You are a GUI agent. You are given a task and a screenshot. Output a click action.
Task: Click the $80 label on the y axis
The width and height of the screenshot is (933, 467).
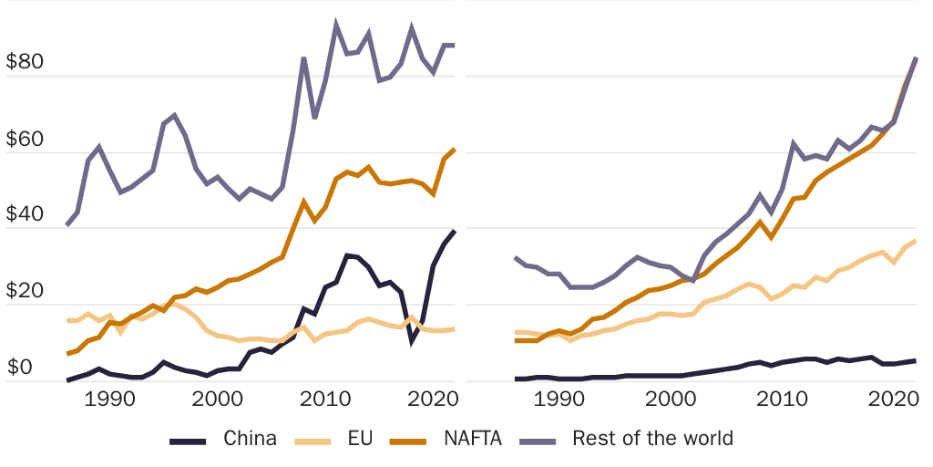coord(26,63)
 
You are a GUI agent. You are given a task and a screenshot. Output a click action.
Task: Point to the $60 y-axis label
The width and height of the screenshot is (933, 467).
coord(26,140)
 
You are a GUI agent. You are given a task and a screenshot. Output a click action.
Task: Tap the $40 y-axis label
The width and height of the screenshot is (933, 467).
coord(26,216)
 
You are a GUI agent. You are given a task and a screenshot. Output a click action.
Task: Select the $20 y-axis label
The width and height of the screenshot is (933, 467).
coord(26,293)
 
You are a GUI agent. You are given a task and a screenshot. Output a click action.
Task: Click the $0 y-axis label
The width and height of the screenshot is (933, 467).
coord(20,368)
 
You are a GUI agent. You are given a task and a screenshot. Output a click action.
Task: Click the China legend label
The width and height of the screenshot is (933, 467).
coord(250,439)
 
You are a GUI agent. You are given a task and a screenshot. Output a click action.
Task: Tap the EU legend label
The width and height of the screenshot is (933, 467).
coord(360,439)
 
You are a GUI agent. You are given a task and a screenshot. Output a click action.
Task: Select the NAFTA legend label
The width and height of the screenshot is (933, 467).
coord(473,439)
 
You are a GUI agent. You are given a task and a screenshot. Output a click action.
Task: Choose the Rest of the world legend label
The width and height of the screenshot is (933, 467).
coord(652,439)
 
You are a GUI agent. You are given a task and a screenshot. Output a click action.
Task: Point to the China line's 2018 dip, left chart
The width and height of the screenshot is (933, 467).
coord(412,342)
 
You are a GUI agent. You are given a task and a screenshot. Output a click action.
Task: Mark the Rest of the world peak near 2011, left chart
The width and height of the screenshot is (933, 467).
coord(336,25)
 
